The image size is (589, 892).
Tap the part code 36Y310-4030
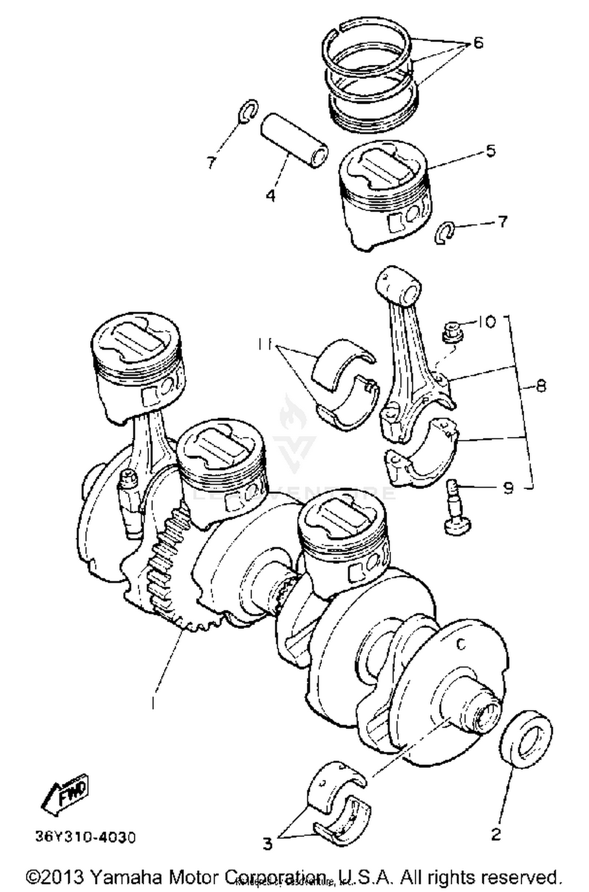point(86,837)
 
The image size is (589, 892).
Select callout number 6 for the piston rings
point(478,42)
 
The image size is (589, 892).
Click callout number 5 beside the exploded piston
point(490,151)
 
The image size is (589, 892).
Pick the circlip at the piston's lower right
point(444,232)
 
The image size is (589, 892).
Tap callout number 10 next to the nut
point(487,322)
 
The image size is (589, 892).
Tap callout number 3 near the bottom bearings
point(267,843)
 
